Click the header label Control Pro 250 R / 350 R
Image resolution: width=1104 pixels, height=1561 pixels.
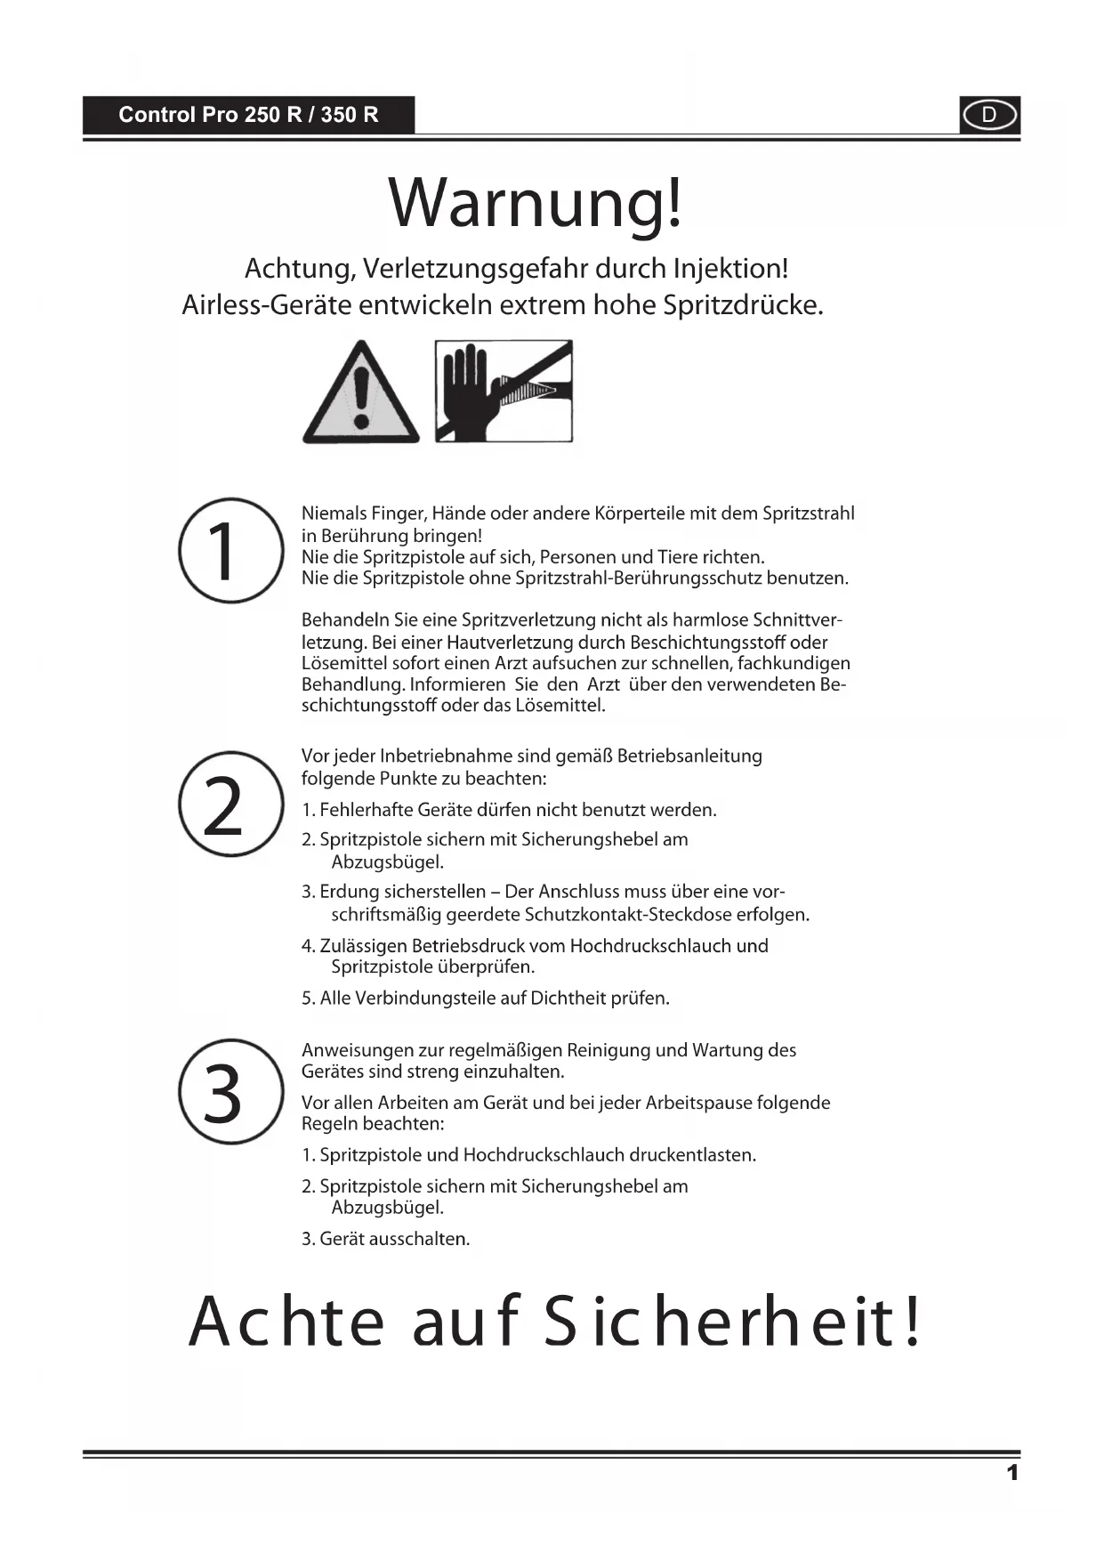[x=248, y=115]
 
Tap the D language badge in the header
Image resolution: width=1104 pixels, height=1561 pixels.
[x=989, y=116]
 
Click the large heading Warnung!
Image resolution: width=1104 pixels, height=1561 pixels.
[x=536, y=203]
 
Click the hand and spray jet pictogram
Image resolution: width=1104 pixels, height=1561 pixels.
[x=504, y=391]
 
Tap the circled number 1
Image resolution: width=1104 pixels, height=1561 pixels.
[x=230, y=550]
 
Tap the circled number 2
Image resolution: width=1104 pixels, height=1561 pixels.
[x=230, y=805]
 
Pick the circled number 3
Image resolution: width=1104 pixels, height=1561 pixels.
[x=230, y=1092]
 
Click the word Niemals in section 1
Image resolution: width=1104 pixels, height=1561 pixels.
[x=333, y=514]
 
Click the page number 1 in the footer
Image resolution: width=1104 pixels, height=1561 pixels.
[x=1011, y=1473]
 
